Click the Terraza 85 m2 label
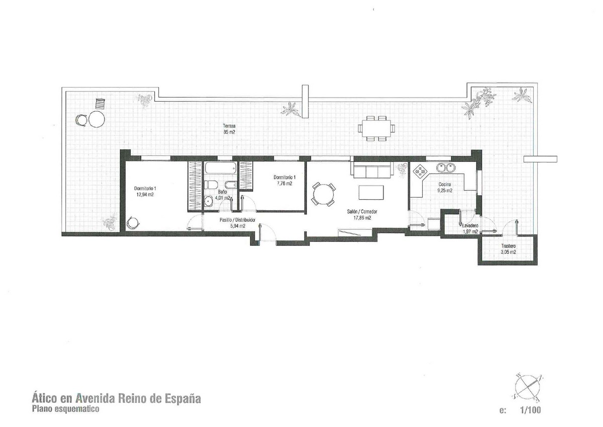point(229,129)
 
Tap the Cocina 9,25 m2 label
point(445,188)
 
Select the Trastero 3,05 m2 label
point(508,249)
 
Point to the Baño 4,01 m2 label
point(223,195)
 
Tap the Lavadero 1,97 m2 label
point(470,229)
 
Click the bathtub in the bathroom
point(221,168)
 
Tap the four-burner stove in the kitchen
point(419,172)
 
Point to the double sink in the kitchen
point(445,168)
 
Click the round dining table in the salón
point(324,194)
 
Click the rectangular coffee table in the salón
point(371,192)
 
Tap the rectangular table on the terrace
point(376,129)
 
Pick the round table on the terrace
point(96,119)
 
